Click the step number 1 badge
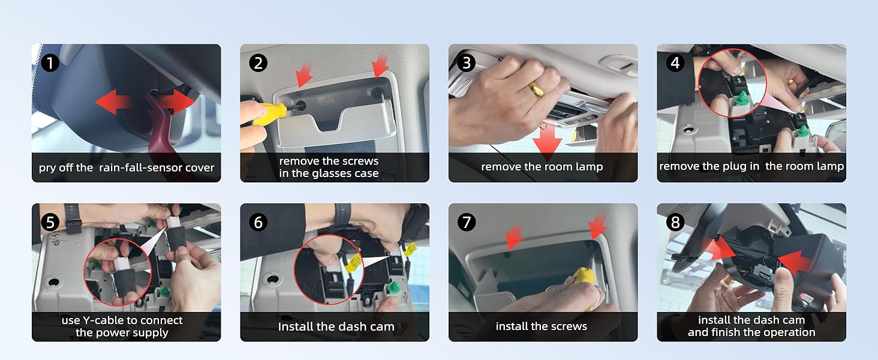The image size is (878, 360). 50,63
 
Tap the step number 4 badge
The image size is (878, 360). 675,63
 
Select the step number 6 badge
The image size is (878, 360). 258,223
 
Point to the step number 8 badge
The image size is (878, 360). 675,223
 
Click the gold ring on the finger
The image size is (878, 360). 536,89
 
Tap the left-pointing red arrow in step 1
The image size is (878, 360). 113,102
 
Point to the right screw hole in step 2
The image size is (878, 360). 377,92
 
